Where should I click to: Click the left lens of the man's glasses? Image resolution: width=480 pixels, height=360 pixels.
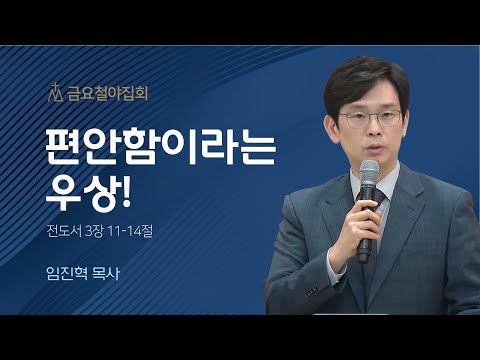pyautogui.click(x=357, y=120)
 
